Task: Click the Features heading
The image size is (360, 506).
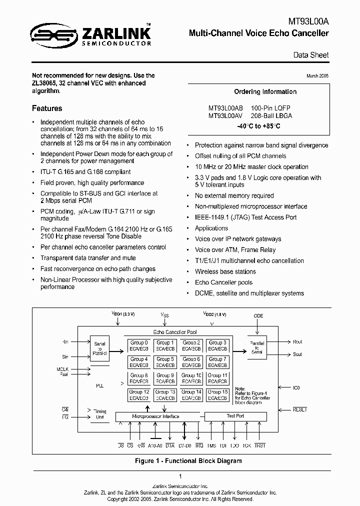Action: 47,108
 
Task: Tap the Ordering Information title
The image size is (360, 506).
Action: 265,92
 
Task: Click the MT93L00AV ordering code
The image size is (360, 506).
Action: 225,115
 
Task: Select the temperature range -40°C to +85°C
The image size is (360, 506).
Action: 258,126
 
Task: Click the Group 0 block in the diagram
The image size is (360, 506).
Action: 139,345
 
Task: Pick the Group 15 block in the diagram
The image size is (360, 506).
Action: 217,395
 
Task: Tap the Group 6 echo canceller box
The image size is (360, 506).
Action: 191,362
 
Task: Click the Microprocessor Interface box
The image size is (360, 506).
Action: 155,416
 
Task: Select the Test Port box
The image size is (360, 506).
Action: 235,416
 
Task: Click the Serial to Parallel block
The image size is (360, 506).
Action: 99,348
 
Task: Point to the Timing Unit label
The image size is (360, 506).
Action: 100,414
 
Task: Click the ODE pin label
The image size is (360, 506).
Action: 258,316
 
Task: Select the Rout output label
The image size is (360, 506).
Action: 297,342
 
